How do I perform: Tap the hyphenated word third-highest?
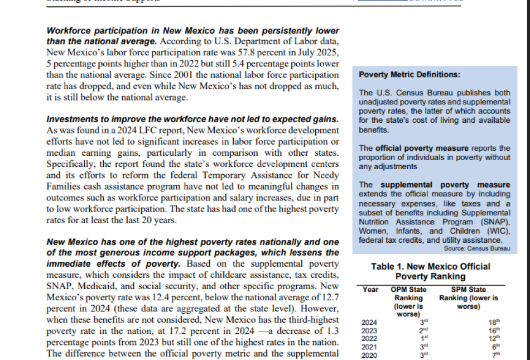pos(310,318)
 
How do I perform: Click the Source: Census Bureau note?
pos(476,248)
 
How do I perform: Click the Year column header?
pos(370,290)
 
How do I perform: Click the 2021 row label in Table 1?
pos(369,347)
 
